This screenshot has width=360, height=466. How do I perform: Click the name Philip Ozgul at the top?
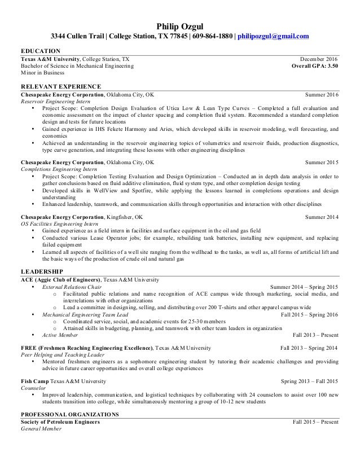tap(180, 25)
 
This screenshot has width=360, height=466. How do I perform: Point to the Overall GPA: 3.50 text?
tap(315, 65)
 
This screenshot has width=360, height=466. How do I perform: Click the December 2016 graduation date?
tap(319, 59)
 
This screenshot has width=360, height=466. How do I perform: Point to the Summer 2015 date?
tap(322, 162)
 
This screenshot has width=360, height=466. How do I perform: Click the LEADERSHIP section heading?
tap(42, 271)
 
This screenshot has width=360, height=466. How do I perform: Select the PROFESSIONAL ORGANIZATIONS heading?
tap(69, 415)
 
